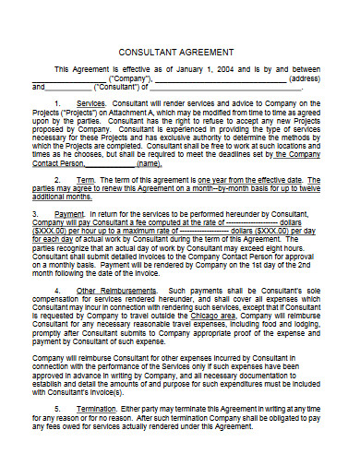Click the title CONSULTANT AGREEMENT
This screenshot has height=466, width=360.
coord(179,52)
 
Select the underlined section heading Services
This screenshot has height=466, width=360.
coord(91,104)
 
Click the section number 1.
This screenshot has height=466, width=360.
coord(58,104)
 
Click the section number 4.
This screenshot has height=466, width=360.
coord(58,291)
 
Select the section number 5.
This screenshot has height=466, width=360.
coord(58,407)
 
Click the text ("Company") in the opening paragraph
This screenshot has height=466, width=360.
coord(130,78)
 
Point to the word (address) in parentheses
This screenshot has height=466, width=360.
coord(304,78)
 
